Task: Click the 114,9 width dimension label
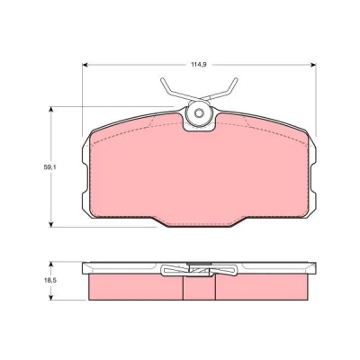(x=198, y=65)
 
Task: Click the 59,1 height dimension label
(x=49, y=167)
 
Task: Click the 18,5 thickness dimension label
(x=50, y=281)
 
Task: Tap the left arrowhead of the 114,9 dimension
(x=85, y=65)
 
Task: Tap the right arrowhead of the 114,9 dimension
(x=313, y=65)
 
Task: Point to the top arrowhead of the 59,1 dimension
(x=51, y=109)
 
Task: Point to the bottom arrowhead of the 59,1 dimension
(x=51, y=224)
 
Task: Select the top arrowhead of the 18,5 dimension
(x=51, y=264)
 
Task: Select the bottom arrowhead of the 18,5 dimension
(x=51, y=297)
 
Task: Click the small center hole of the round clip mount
(x=198, y=113)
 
